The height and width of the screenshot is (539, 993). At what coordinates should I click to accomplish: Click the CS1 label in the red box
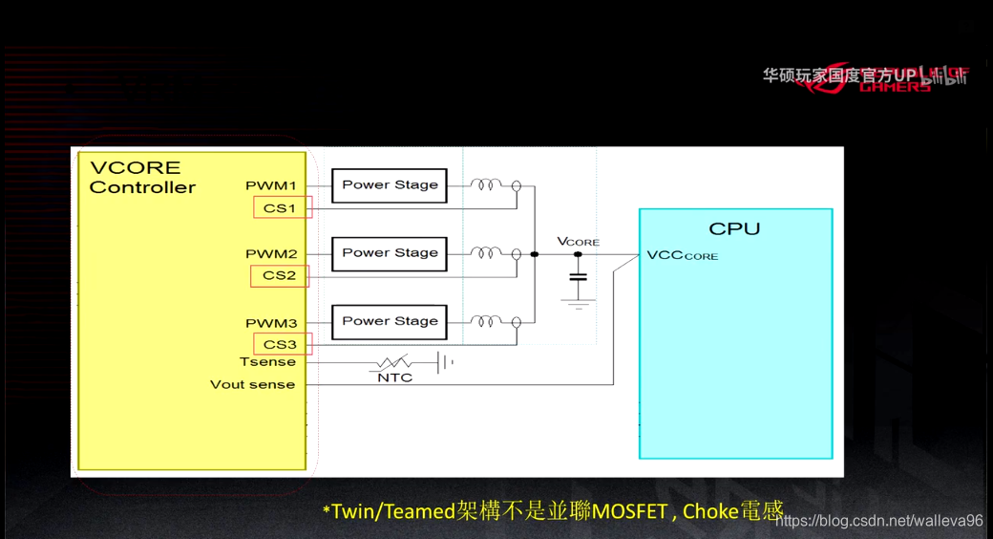point(281,207)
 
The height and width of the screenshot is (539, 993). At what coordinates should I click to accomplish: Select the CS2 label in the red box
point(280,275)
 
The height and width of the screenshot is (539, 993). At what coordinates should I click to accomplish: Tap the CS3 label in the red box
point(281,344)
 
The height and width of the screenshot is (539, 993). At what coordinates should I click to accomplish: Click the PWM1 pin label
point(271,185)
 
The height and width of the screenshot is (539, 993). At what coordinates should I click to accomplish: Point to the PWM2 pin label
point(271,254)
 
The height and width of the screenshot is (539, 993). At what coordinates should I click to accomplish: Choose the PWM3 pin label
point(271,323)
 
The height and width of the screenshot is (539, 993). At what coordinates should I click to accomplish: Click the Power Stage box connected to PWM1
point(390,185)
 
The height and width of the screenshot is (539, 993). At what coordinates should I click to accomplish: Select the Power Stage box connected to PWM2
point(390,253)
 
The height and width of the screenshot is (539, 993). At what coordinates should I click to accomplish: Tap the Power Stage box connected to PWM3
point(390,321)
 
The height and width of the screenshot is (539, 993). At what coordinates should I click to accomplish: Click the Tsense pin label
point(267,362)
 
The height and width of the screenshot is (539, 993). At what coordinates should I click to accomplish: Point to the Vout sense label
point(252,385)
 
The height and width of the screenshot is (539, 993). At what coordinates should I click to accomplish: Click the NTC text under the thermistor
point(394,377)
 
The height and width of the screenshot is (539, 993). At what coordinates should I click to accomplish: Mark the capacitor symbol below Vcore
point(578,277)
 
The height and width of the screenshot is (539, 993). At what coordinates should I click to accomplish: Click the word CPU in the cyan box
point(734,228)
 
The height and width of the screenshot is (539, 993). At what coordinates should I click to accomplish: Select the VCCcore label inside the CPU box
point(682,255)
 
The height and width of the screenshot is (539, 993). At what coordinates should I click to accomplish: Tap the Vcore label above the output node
point(578,242)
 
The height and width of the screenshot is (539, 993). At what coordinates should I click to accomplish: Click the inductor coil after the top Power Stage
point(486,184)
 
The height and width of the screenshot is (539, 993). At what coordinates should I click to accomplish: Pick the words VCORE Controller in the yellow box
point(142,178)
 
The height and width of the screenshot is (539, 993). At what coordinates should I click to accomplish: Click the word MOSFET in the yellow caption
point(629,511)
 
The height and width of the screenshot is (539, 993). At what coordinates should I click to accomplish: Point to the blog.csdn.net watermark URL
point(878,521)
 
